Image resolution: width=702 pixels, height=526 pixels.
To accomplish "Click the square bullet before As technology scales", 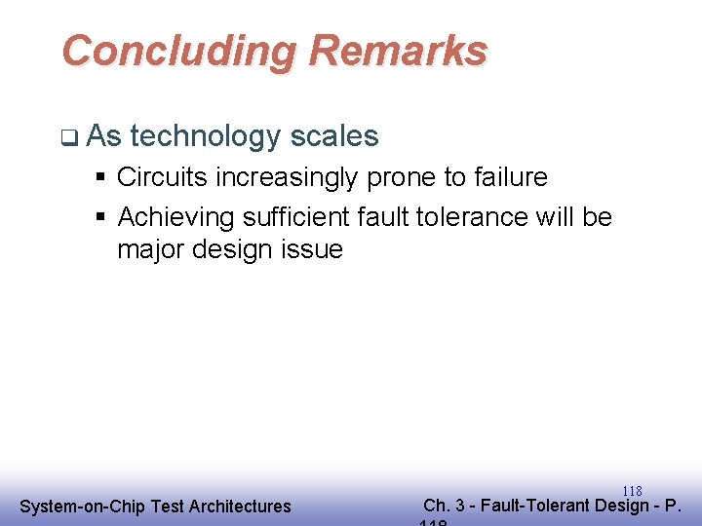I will pos(66,137).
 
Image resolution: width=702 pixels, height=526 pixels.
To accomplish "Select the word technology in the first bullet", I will pos(204,136).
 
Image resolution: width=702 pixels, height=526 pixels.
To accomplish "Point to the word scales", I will pos(332,136).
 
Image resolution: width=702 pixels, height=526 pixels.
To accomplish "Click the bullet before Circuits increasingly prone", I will pos(100,178).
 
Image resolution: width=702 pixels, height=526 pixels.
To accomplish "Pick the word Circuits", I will pos(156,177).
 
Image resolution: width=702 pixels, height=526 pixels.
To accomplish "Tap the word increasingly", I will pos(282,178).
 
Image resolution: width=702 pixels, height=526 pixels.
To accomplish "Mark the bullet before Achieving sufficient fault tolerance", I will pos(100,216).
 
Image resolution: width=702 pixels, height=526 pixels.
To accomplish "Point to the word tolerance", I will pos(469,215).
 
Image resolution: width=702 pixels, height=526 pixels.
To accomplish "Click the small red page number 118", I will pos(632,491).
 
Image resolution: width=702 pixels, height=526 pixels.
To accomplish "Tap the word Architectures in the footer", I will pos(240,507).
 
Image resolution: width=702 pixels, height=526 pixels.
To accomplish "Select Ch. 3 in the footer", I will pos(445,506).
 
